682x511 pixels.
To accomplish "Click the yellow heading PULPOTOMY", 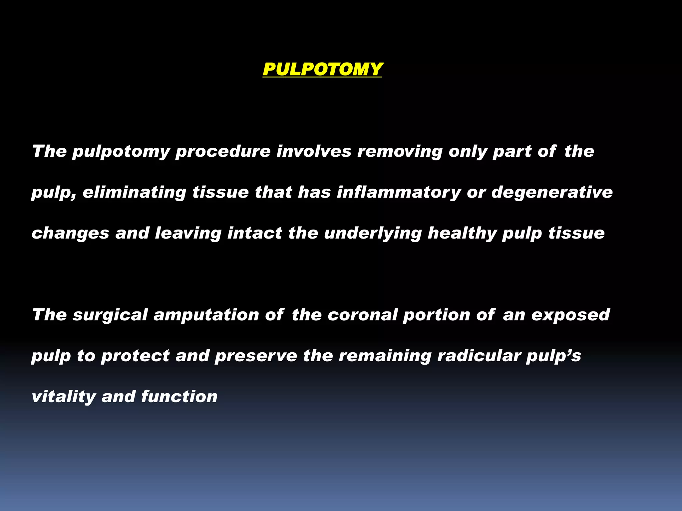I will (x=322, y=69).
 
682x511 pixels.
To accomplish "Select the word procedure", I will (x=223, y=152).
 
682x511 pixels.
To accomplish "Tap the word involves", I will (x=314, y=152).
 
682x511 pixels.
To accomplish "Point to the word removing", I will (x=400, y=152).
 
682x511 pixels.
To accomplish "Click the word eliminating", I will (x=134, y=193).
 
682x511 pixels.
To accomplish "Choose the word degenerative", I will (x=552, y=193).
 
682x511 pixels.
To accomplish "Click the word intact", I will (x=255, y=233).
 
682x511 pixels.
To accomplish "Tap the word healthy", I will (x=462, y=233).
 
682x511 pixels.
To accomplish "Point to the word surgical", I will (x=110, y=315).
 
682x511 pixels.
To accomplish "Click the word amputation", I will (x=206, y=315).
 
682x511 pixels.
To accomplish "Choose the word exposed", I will (x=570, y=315).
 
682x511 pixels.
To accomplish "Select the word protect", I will (x=135, y=356).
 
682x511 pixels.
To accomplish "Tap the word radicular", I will (x=479, y=356).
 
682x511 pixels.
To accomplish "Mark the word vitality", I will (x=64, y=397).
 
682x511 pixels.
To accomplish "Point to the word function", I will (x=179, y=397).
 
